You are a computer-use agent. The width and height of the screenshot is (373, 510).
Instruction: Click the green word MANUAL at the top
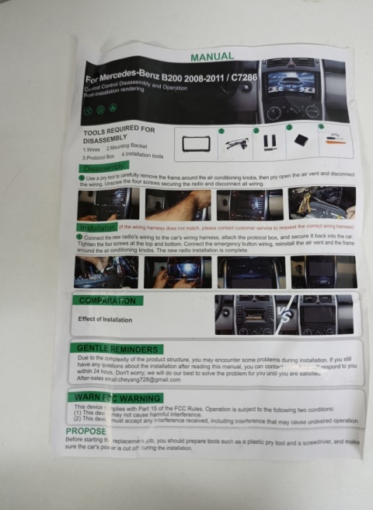tap(211, 56)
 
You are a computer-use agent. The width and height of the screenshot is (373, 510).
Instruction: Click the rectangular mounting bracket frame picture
tap(195, 144)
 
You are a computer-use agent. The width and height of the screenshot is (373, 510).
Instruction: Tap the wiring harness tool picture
tap(236, 143)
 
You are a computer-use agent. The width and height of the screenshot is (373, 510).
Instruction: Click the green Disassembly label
tap(102, 167)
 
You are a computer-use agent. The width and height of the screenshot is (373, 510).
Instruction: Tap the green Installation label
tap(98, 227)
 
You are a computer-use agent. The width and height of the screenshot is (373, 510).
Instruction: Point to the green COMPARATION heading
tap(106, 301)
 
